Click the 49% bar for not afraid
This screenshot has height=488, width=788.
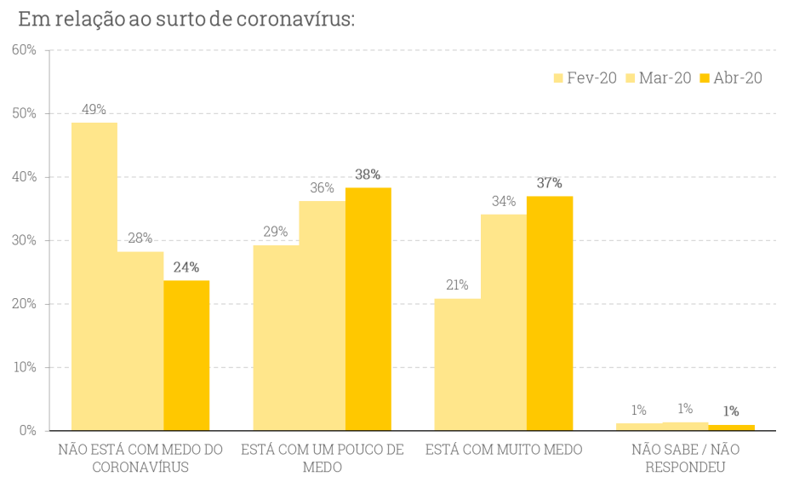tap(94, 276)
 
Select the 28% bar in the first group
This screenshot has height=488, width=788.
tap(140, 341)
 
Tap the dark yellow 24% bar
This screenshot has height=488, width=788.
tap(186, 355)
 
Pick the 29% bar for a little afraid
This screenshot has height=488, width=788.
tap(276, 337)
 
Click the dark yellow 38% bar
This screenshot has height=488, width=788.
tap(368, 308)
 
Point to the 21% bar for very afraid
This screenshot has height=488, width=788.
tap(457, 364)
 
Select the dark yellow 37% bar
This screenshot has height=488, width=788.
tap(550, 313)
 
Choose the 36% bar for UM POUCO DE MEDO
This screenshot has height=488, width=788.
tap(323, 315)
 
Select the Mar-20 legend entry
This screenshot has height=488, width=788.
tap(659, 78)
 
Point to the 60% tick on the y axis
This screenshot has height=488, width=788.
tap(25, 50)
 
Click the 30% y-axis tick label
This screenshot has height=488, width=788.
tap(25, 240)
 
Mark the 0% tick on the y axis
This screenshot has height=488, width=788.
tap(28, 431)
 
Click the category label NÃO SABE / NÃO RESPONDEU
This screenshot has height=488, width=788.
tap(685, 458)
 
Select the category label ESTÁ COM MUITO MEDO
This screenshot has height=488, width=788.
tap(504, 450)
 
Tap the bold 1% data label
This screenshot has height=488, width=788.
tap(730, 411)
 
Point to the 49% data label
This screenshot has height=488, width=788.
tap(94, 109)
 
